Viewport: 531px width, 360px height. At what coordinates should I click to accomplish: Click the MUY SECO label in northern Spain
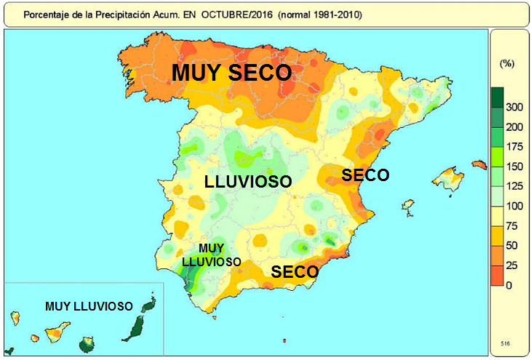[231, 73]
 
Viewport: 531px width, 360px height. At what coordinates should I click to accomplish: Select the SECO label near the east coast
[366, 175]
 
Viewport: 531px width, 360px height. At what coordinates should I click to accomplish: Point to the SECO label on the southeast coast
[295, 272]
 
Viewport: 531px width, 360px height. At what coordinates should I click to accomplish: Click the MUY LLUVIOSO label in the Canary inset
[89, 306]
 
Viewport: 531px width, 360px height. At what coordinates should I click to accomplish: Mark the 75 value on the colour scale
[514, 225]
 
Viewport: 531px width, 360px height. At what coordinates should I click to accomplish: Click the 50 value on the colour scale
[514, 245]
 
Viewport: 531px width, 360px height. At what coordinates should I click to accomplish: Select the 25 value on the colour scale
[514, 265]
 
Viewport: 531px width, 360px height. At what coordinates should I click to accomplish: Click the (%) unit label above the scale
[507, 64]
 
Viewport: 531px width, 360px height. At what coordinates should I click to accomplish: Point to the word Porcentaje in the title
[45, 15]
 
